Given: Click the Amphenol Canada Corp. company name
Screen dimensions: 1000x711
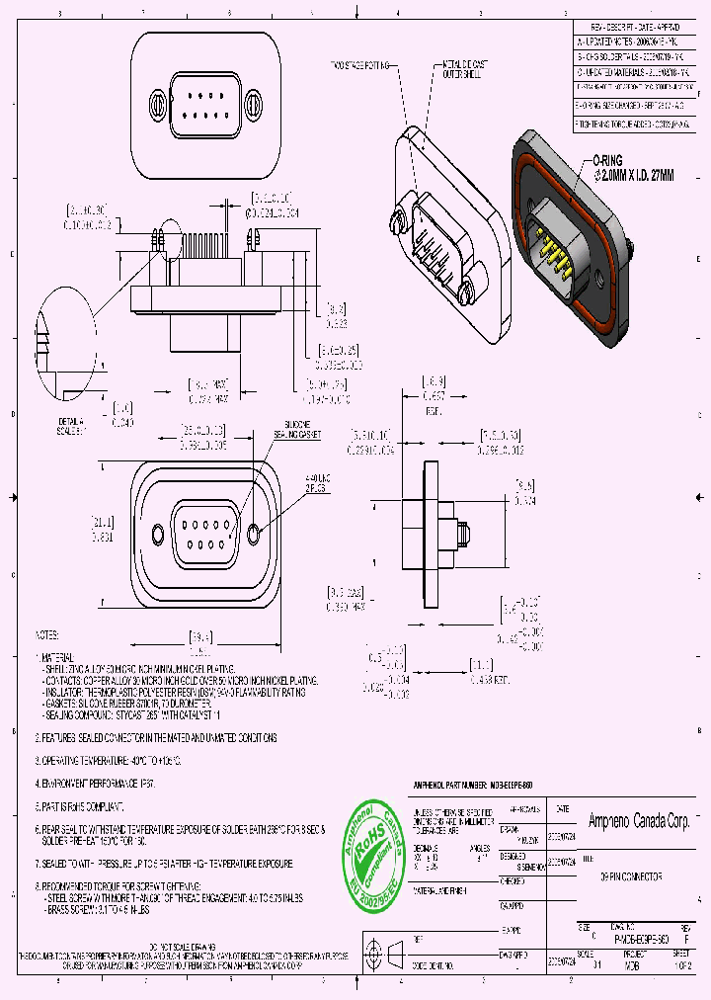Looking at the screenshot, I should click(x=638, y=821).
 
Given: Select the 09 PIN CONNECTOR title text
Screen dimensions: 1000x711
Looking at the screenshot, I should click(x=633, y=877).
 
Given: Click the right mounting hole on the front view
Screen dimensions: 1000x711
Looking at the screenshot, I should click(x=255, y=534).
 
